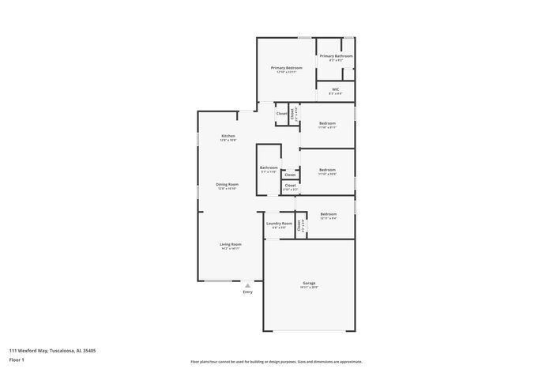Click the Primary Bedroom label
287,68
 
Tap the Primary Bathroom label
336,56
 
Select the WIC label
335,89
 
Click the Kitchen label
228,136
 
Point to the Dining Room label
228,184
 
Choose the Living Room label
231,244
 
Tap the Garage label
309,283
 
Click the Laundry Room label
279,224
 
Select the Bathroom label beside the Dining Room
269,168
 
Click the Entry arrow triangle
248,285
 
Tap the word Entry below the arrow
248,292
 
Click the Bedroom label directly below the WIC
328,123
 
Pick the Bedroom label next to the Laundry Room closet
329,214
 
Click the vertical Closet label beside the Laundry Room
299,224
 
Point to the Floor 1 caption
17,360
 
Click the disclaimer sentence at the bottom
276,360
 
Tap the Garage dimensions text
309,288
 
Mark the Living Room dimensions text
231,249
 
